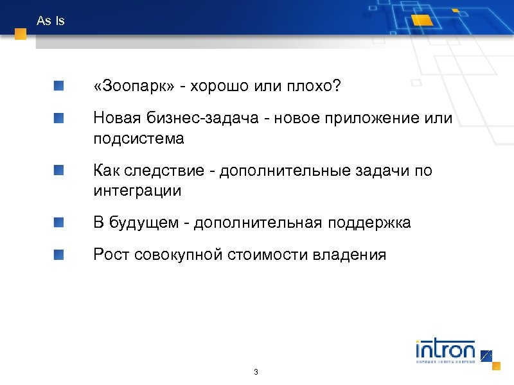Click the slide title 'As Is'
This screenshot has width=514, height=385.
(51, 21)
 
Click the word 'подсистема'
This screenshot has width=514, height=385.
(138, 138)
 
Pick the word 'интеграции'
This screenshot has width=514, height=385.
(137, 191)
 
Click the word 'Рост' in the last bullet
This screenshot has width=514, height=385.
(111, 255)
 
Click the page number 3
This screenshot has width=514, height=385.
(256, 373)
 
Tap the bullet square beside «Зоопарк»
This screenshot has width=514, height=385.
(59, 85)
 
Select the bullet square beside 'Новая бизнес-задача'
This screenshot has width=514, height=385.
(59, 117)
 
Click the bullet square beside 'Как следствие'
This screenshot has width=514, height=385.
(59, 170)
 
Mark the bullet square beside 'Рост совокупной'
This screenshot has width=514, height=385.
(59, 254)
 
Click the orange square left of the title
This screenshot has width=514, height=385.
(21, 34)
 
